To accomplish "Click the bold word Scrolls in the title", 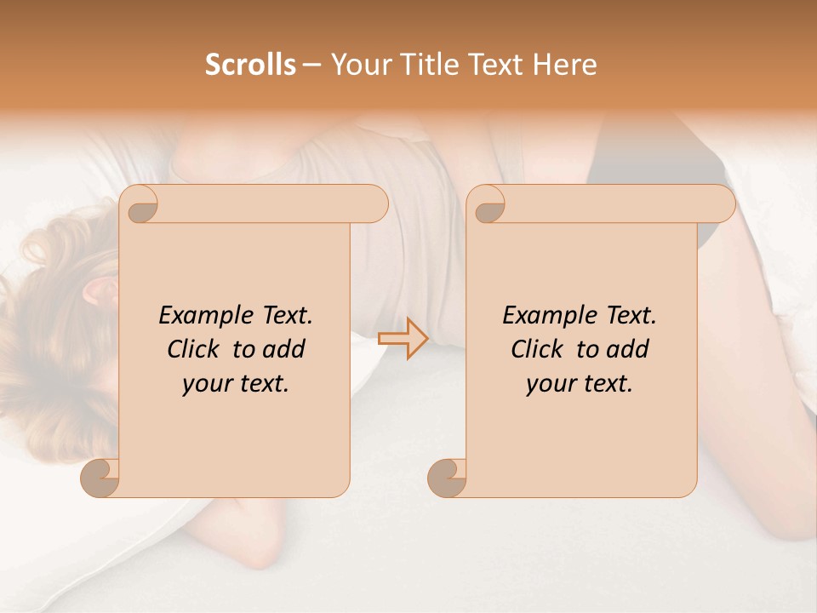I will [x=250, y=65].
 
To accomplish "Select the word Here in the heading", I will [x=565, y=65].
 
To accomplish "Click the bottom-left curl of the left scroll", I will [x=100, y=478].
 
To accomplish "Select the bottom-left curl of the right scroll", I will [x=447, y=478].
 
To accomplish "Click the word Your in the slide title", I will [x=357, y=65].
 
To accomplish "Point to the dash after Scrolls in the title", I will [x=311, y=66].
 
